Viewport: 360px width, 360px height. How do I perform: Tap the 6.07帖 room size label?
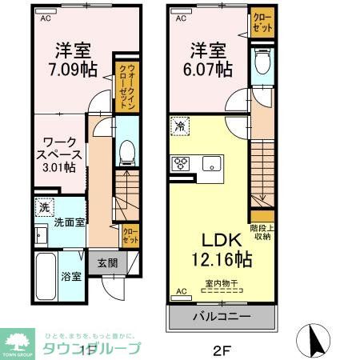tap(205, 68)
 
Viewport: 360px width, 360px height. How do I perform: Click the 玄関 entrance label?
tap(108, 263)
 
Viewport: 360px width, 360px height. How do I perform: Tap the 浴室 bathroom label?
tap(71, 277)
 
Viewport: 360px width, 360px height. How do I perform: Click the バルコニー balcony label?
tap(222, 317)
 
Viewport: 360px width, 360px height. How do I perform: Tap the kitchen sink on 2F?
tap(212, 165)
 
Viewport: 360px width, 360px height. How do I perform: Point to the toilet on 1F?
tap(126, 153)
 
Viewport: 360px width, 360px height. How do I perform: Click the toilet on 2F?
tap(261, 63)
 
